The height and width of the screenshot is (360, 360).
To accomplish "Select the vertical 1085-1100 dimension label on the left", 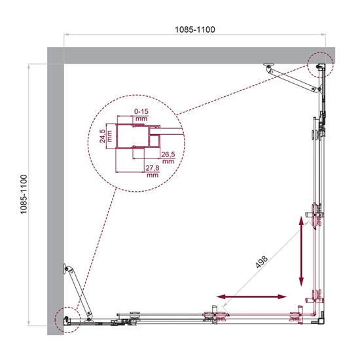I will click(x=24, y=195).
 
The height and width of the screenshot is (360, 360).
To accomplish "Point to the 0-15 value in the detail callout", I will click(x=141, y=112).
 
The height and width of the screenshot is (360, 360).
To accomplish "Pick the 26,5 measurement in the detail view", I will click(x=168, y=154).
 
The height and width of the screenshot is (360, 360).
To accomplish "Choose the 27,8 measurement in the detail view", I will click(x=153, y=168).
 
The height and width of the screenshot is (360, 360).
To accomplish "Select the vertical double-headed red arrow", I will click(x=302, y=251).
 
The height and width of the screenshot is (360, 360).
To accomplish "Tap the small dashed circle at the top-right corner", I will click(x=320, y=65).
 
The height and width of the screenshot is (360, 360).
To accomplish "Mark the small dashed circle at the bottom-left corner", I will click(x=67, y=318).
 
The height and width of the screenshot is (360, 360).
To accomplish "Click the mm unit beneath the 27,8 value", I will click(x=153, y=175).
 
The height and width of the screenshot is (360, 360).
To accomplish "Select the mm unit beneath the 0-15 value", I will click(x=141, y=120).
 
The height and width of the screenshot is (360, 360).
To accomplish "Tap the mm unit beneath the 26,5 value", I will click(x=168, y=161).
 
